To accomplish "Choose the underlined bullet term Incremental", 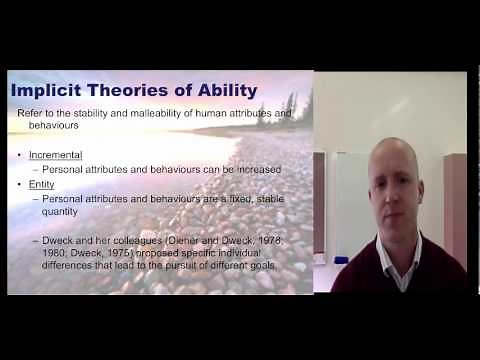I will click(56, 155).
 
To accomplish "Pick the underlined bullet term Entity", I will click(43, 185).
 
